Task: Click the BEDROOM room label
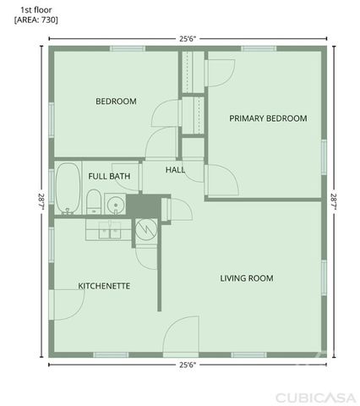tap(116, 101)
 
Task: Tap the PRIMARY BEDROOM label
tap(268, 118)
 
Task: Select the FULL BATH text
tap(109, 176)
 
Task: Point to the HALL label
tap(175, 170)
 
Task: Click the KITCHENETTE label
tap(104, 286)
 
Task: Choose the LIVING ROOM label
tap(247, 277)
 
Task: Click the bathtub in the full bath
tap(66, 189)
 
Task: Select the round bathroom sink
tap(116, 204)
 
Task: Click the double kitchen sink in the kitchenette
tap(107, 229)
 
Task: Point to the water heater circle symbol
tap(145, 228)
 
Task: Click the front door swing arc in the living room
tap(180, 337)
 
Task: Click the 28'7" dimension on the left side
tap(40, 202)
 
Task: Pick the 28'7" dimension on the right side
tap(335, 202)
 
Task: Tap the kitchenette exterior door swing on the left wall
tap(63, 304)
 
